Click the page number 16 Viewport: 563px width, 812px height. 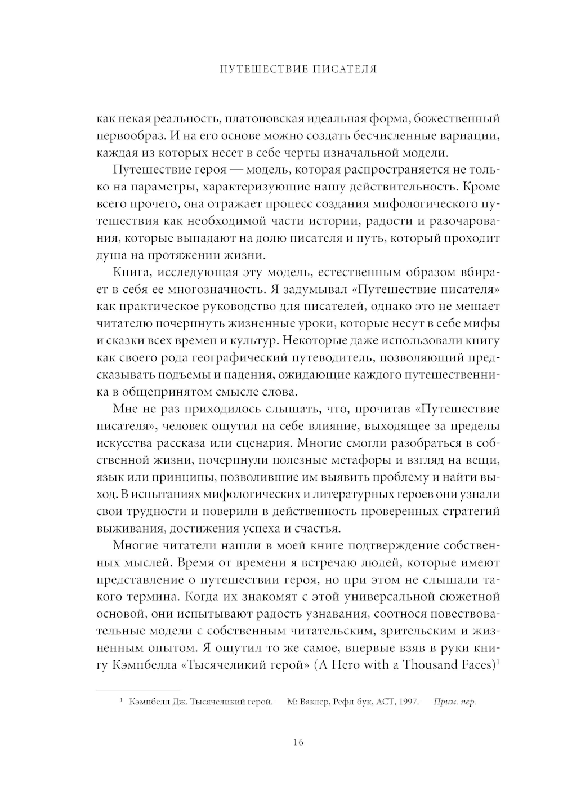click(298, 742)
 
